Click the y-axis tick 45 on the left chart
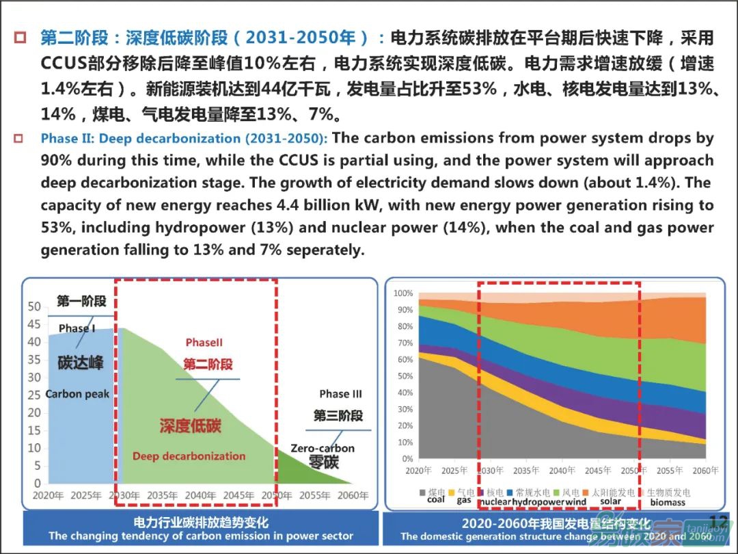33,324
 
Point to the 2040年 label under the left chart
201,495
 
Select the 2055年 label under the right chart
669,471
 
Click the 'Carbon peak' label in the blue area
77,394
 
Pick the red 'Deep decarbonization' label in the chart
189,456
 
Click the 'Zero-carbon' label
323,449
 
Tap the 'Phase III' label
340,394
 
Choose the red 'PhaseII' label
204,343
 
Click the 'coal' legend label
435,500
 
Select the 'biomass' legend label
667,502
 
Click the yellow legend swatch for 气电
452,492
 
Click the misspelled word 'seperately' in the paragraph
325,250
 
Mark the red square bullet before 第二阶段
20,37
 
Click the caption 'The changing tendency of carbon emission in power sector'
200,536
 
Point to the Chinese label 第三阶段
338,416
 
